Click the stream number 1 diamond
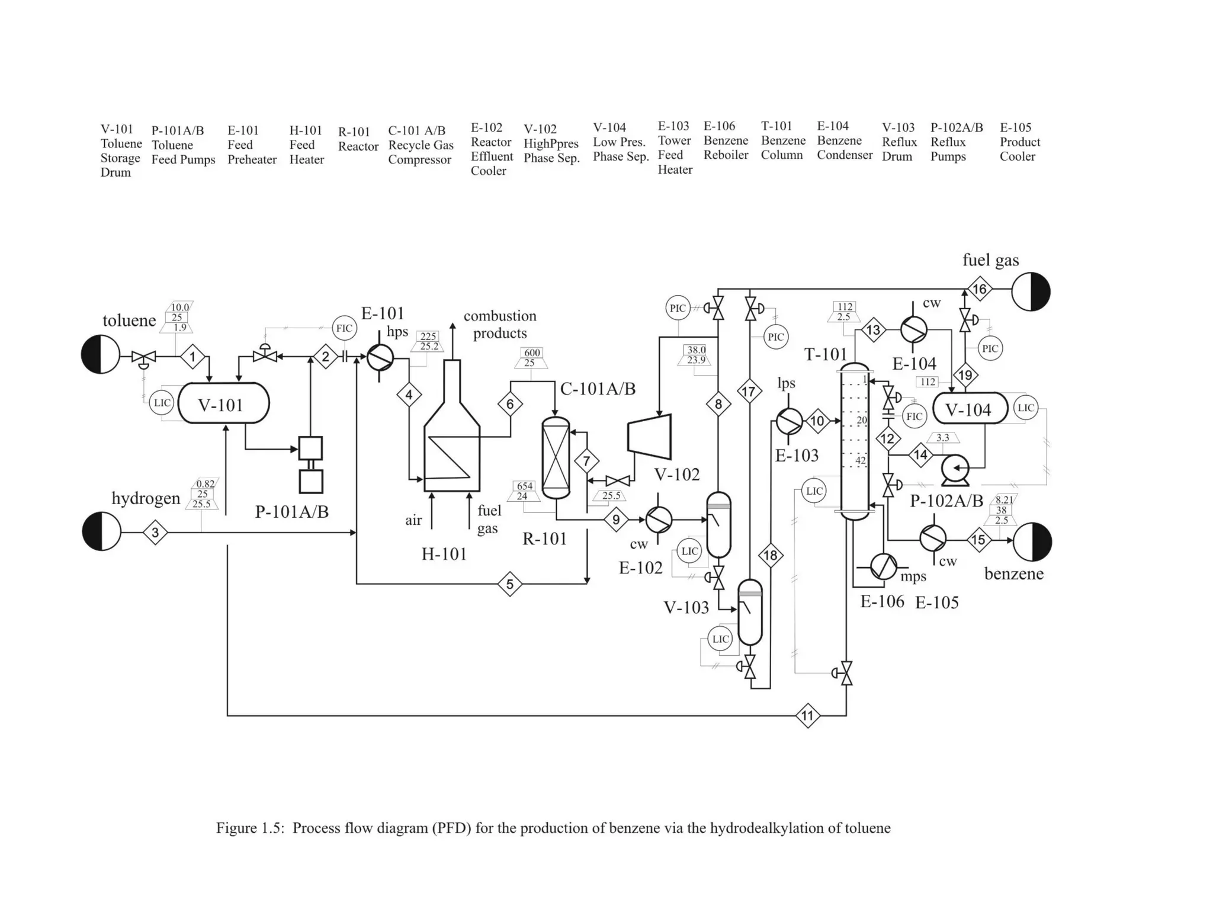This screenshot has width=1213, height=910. point(192,357)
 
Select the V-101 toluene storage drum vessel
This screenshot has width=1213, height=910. point(223,403)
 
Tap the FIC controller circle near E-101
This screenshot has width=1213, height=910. point(344,328)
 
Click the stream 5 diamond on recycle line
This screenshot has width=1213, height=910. point(509,584)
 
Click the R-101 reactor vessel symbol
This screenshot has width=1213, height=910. point(556,458)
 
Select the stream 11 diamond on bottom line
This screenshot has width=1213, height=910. point(808,716)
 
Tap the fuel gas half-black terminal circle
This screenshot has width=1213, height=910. point(1031,291)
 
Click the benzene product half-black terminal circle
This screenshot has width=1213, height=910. point(1032,541)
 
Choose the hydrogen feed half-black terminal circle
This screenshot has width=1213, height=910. point(101,531)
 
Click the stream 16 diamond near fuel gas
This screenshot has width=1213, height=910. point(980,289)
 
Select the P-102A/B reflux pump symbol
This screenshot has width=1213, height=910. point(955,469)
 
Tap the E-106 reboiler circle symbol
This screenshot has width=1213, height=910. point(883,567)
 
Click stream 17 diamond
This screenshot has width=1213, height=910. point(749,391)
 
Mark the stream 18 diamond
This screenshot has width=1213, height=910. point(771,555)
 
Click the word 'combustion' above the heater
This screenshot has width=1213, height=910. point(499,316)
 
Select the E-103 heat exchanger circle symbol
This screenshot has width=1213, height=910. point(788,421)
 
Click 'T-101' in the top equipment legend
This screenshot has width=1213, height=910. point(776,126)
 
